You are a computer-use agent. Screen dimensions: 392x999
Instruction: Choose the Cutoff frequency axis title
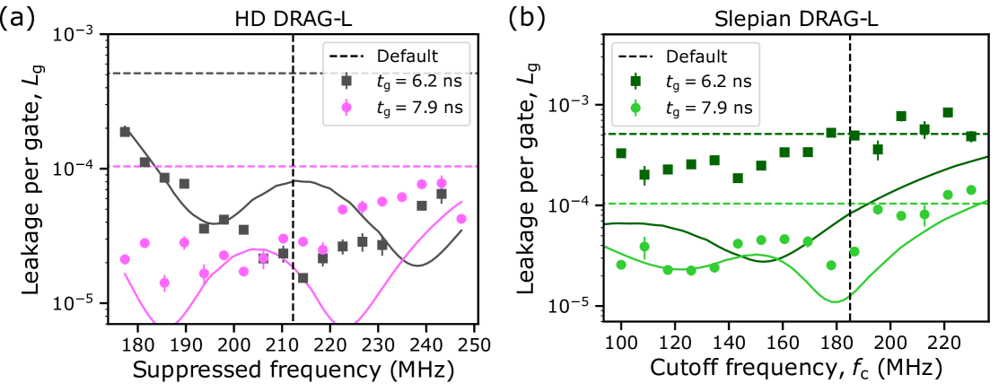click(x=795, y=370)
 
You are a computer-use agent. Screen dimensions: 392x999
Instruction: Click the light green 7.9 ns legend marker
click(x=635, y=109)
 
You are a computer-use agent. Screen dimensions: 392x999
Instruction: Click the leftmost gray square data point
click(x=125, y=131)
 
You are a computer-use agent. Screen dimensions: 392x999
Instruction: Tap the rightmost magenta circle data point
click(x=461, y=219)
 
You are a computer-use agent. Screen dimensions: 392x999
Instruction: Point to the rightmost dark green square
click(x=970, y=136)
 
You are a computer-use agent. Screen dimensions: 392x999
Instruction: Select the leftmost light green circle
click(x=621, y=265)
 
